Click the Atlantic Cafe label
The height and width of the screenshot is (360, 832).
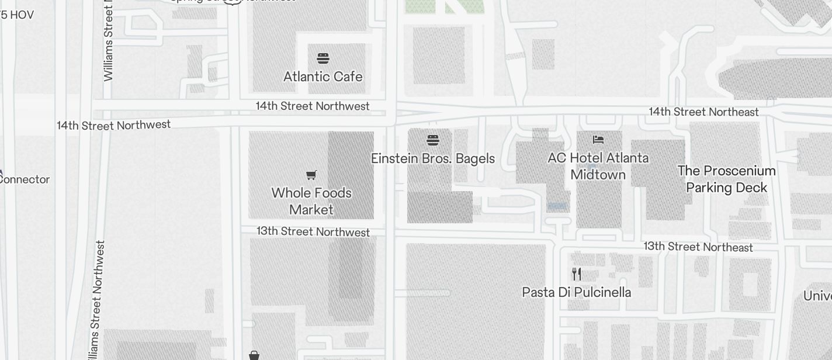coord(323,77)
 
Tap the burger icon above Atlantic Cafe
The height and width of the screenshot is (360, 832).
coord(323,58)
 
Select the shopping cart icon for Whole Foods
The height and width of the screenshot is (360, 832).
coord(311,175)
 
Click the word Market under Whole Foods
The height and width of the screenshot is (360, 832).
coord(311,209)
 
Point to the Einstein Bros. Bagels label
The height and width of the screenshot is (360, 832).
coord(433,158)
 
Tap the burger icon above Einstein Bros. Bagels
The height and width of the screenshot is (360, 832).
coord(433,140)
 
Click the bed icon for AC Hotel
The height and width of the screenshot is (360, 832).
coord(598,140)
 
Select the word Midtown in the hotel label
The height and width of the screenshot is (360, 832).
coord(598,175)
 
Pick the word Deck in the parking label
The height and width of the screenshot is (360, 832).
coord(753,188)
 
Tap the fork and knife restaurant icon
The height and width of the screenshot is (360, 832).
coord(577,274)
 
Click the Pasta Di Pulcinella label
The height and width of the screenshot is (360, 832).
coord(577,292)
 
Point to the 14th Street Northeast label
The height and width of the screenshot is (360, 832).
coord(703,112)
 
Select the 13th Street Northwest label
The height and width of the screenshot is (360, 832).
coord(313,231)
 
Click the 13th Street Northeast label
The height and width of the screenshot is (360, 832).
coord(698,247)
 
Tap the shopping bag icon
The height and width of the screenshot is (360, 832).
coord(254,355)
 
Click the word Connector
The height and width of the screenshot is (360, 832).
coord(23,179)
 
